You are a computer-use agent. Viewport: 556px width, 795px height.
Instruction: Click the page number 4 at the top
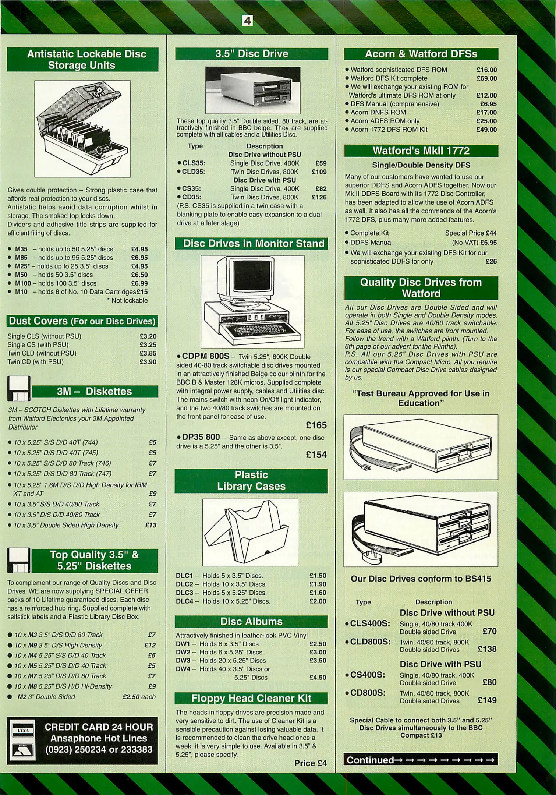[247, 21]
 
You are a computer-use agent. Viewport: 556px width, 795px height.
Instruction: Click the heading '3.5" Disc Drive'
[252, 54]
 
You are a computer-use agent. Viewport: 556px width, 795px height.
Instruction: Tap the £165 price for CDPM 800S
[316, 425]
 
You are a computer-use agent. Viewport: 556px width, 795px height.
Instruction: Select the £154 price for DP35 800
[316, 455]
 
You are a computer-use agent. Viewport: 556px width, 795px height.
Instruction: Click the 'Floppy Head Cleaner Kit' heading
[251, 698]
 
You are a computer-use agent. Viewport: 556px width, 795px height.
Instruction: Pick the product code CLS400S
[369, 623]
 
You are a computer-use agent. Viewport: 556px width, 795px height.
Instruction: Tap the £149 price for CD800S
[487, 700]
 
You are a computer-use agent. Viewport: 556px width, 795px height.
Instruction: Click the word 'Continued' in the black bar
[370, 760]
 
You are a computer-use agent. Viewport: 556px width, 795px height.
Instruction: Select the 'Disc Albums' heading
[251, 622]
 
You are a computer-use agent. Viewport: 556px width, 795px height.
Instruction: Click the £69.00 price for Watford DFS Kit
[486, 78]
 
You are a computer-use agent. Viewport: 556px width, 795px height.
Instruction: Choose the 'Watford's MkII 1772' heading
[421, 151]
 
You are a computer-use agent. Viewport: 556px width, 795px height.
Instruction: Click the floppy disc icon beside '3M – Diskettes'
[18, 388]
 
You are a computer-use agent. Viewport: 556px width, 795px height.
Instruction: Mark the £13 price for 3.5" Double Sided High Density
[151, 525]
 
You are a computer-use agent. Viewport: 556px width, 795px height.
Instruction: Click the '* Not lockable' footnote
[127, 300]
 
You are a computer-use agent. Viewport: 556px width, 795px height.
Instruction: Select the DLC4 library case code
[184, 601]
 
